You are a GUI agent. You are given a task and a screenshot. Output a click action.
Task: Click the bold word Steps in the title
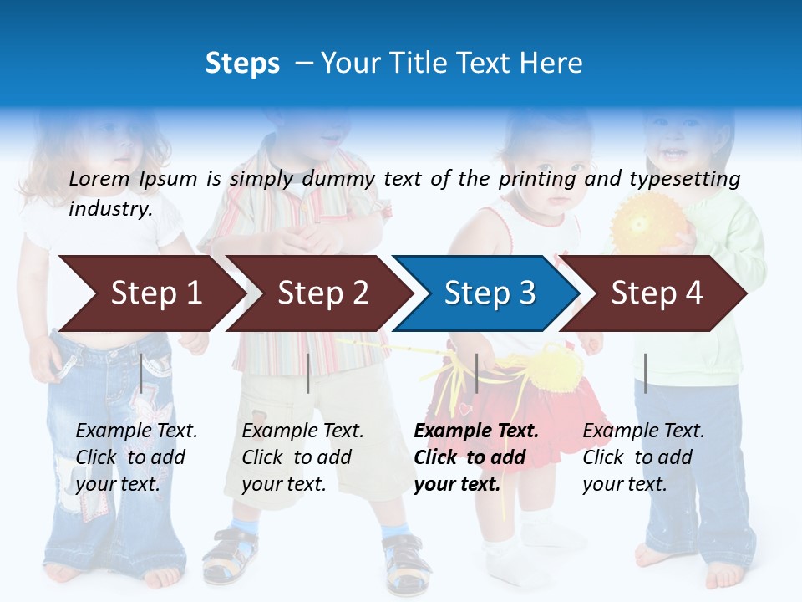pyautogui.click(x=242, y=63)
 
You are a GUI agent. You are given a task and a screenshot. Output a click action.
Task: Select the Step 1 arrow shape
pyautogui.click(x=155, y=293)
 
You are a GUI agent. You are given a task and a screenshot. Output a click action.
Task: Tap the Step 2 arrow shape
pyautogui.click(x=322, y=293)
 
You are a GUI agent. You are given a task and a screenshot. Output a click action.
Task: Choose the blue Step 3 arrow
pyautogui.click(x=490, y=293)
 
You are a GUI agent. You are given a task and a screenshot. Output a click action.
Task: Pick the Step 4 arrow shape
pyautogui.click(x=657, y=293)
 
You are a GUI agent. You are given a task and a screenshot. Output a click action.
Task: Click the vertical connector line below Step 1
pyautogui.click(x=141, y=373)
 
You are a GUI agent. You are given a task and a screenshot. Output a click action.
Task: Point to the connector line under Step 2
pyautogui.click(x=308, y=373)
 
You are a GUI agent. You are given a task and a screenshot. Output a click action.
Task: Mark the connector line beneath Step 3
pyautogui.click(x=476, y=373)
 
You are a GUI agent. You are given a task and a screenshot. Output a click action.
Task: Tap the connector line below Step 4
pyautogui.click(x=645, y=373)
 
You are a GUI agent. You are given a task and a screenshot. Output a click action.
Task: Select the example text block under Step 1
pyautogui.click(x=136, y=457)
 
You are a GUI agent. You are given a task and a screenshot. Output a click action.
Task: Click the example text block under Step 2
pyautogui.click(x=302, y=457)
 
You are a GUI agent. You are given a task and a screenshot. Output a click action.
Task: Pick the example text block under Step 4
pyautogui.click(x=643, y=457)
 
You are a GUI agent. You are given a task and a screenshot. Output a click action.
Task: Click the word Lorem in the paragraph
pyautogui.click(x=99, y=178)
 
